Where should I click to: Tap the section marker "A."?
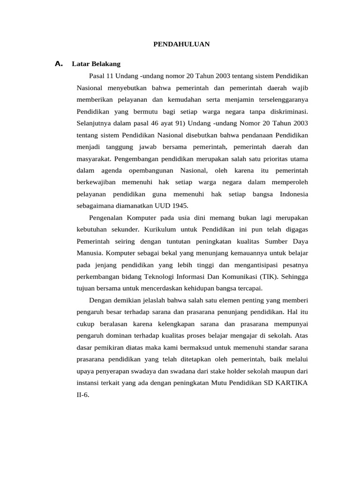(59, 63)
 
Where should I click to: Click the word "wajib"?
(300, 88)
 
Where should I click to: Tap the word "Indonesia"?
(294, 194)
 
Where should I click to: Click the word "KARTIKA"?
(292, 382)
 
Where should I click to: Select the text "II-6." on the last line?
(82, 394)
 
